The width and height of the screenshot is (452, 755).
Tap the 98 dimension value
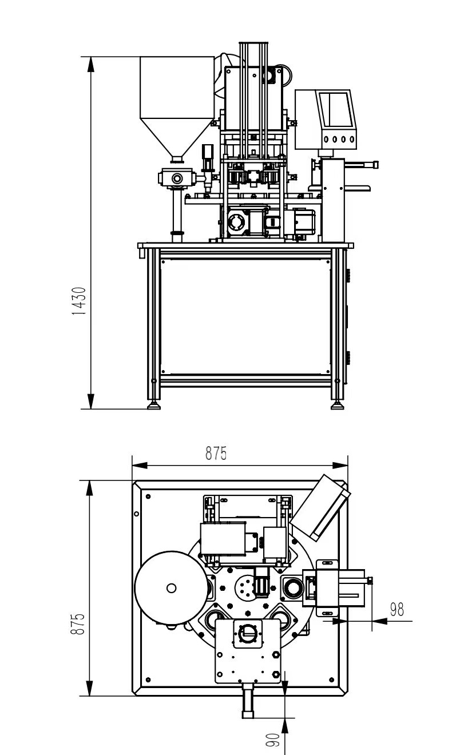[397, 610]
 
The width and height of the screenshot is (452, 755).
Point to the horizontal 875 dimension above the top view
[216, 454]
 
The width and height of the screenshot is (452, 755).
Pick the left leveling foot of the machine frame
[154, 406]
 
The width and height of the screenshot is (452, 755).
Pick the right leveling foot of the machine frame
[337, 406]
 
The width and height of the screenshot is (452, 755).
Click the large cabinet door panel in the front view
[245, 316]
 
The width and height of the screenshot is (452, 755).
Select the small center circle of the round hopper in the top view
[171, 587]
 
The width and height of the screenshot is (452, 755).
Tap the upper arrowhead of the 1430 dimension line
[90, 64]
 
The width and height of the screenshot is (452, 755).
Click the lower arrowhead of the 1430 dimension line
[90, 402]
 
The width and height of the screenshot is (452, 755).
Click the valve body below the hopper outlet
[178, 178]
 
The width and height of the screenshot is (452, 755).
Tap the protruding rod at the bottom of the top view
[248, 701]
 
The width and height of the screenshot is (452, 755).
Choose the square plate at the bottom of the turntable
[248, 652]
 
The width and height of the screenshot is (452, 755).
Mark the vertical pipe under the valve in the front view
[177, 212]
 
